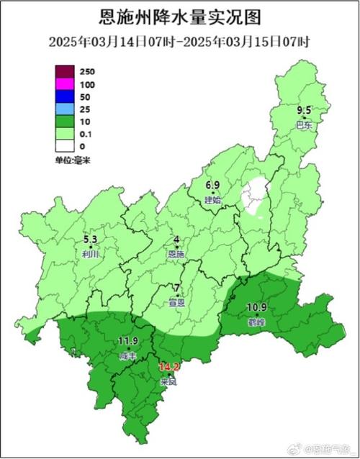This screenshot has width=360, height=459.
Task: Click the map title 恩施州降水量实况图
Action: tap(179, 16)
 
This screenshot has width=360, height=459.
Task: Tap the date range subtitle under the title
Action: tap(179, 41)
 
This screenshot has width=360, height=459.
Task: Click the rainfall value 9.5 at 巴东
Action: tap(305, 110)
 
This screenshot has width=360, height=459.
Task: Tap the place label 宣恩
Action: tap(176, 303)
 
